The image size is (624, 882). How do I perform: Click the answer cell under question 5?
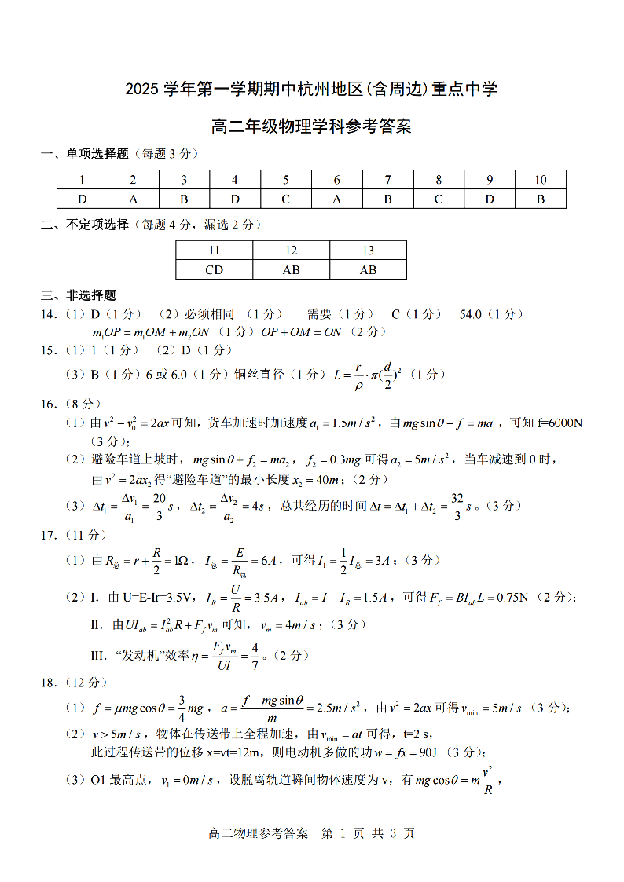point(286,199)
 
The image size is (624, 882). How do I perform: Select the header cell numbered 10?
point(541,180)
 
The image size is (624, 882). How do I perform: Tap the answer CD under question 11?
point(215,270)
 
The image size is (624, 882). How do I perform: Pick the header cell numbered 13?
point(368,251)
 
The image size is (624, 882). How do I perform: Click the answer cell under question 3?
point(184,199)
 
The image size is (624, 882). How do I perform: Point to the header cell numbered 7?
point(387,180)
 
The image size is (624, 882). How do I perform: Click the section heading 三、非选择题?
point(79,296)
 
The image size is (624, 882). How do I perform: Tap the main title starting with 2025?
point(311,89)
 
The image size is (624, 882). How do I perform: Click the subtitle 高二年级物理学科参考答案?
point(311,126)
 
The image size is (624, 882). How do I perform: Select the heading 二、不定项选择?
point(85,225)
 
